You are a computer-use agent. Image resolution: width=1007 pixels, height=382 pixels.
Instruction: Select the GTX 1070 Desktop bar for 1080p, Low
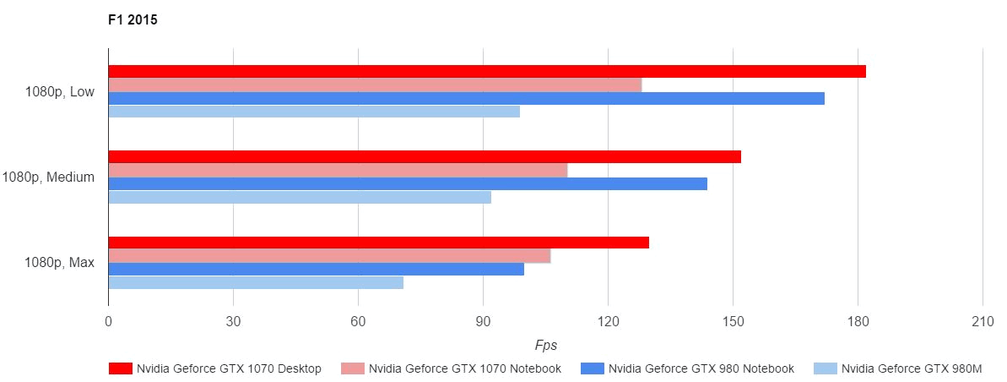pos(487,72)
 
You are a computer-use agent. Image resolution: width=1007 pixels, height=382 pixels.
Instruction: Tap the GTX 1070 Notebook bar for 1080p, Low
pos(375,85)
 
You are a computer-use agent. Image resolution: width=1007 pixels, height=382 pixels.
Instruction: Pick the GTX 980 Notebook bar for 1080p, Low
pos(466,99)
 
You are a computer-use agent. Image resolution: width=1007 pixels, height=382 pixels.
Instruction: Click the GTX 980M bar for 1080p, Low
pos(314,112)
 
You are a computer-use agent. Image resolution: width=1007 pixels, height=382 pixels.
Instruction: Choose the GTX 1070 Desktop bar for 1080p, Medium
pos(425,157)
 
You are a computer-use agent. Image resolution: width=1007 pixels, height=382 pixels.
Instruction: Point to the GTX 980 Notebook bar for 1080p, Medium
pos(408,184)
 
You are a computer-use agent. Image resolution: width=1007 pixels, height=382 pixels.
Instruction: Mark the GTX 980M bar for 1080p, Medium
pos(300,198)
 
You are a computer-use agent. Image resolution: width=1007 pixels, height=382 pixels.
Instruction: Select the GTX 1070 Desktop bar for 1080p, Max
pos(379,243)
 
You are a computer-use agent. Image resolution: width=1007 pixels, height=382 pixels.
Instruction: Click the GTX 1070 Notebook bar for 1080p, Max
pos(329,256)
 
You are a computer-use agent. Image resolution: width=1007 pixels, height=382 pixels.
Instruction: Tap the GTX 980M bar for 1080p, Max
pos(256,283)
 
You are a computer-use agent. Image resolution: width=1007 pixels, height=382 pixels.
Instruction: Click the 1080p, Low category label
pos(60,92)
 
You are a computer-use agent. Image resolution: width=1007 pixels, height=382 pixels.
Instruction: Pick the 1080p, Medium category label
pos(48,177)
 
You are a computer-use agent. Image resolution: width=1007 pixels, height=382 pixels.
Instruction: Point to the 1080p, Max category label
pos(60,263)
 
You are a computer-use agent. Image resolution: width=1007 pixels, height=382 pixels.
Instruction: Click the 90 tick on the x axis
pos(483,322)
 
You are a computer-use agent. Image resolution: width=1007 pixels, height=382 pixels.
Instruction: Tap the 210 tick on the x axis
pos(983,322)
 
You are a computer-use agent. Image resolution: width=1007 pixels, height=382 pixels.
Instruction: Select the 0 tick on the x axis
pos(108,322)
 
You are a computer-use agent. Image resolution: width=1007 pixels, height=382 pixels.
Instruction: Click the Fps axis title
pos(545,346)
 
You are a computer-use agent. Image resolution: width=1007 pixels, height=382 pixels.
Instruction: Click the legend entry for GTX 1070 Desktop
pos(215,368)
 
